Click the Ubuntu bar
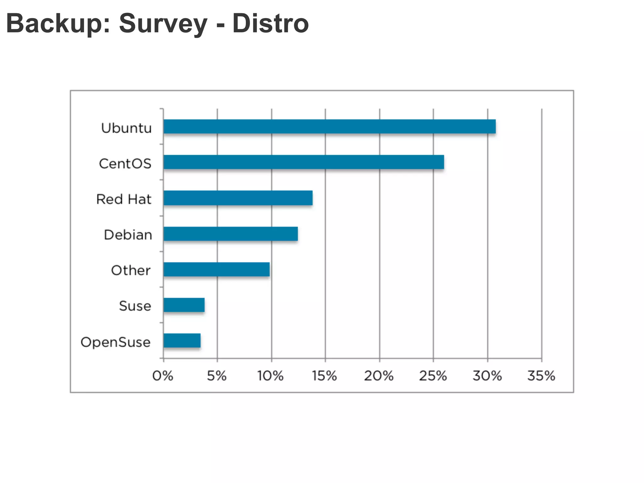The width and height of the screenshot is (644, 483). tap(329, 127)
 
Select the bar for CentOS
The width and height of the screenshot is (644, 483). tap(303, 162)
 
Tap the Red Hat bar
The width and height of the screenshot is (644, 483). tap(238, 198)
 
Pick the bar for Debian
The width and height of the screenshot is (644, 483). tap(230, 234)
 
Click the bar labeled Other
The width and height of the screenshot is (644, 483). tap(216, 269)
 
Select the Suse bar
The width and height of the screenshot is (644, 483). tap(184, 305)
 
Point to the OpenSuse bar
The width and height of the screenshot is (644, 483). tap(182, 341)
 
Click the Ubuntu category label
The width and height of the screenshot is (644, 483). tap(126, 128)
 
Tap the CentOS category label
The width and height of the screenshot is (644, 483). tap(125, 164)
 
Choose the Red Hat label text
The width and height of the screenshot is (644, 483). tap(124, 199)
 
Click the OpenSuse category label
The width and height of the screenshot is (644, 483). tap(115, 342)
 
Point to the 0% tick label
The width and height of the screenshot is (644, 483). tap(163, 376)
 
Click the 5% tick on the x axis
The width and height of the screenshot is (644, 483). tap(217, 376)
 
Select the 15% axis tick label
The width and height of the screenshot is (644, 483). tap(324, 376)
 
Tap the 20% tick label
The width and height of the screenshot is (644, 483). tap(379, 376)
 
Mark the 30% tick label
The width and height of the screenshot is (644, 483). tap(487, 376)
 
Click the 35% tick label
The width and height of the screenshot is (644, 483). tap(541, 376)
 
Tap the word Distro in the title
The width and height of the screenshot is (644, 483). tap(270, 24)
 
